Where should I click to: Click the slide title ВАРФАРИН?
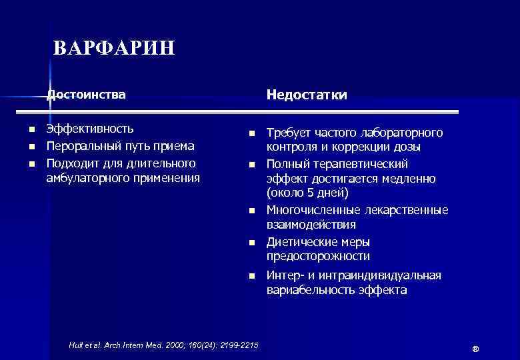coord(113,49)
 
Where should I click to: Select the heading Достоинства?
coord(86,95)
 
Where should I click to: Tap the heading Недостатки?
coord(307,95)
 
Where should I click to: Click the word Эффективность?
coord(89,129)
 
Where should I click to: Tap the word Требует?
coord(290,133)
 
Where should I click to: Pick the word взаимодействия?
coord(311,225)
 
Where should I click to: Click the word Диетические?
coord(300,241)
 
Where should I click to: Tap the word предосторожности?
coord(318,257)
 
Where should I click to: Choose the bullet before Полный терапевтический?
coord(252,165)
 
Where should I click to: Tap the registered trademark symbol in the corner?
coord(475,350)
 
